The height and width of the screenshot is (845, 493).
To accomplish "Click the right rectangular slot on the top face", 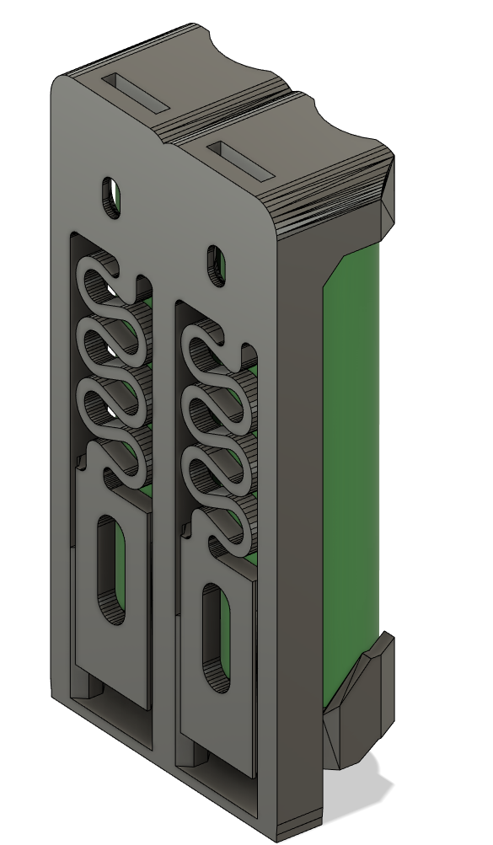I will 244,161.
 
